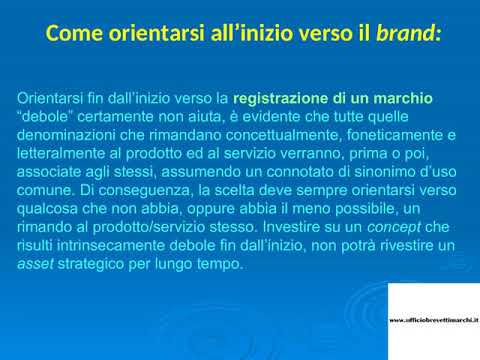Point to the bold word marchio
(405, 99)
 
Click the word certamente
(118, 116)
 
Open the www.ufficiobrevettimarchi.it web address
(433, 320)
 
